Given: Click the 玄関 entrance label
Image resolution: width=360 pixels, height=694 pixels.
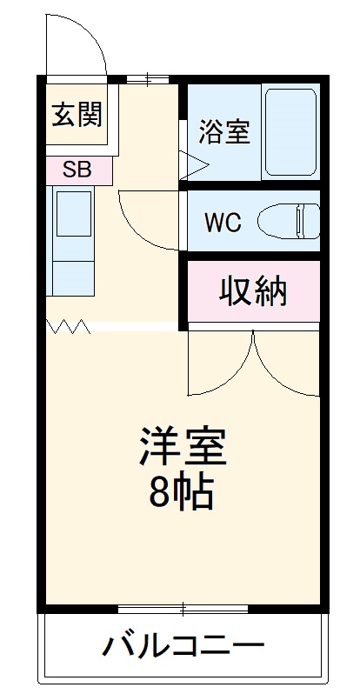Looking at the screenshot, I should (x=77, y=114).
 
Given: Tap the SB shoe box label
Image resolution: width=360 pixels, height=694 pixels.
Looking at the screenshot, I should (x=76, y=170).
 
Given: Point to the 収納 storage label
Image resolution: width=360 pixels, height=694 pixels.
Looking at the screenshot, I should (x=252, y=292).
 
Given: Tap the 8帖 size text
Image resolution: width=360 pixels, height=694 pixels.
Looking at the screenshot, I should (x=181, y=492).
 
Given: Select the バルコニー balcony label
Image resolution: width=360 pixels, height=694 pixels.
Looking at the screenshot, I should (x=183, y=646).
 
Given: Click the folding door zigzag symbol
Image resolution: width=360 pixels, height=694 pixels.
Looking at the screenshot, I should (x=70, y=327).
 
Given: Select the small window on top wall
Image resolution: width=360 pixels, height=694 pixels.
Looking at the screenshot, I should (x=147, y=81).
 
